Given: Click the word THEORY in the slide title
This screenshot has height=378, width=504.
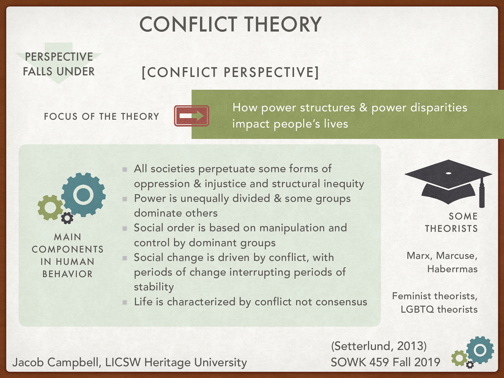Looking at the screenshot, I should click(283, 25).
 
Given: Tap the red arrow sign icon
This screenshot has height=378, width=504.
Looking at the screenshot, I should click(191, 116).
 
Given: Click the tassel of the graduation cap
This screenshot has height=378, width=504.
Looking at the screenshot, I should click(482, 194).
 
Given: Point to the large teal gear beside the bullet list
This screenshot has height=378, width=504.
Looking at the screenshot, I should click(83, 194).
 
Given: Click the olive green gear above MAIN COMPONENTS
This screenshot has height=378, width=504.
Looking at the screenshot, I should click(50, 207).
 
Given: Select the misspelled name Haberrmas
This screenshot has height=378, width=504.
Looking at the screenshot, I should click(452, 269).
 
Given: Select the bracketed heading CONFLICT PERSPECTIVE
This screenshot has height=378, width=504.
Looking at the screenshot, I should click(230, 72).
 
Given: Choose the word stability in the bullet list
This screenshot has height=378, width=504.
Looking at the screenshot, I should click(154, 287).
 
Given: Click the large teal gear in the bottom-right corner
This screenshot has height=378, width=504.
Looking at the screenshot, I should click(480, 350).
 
